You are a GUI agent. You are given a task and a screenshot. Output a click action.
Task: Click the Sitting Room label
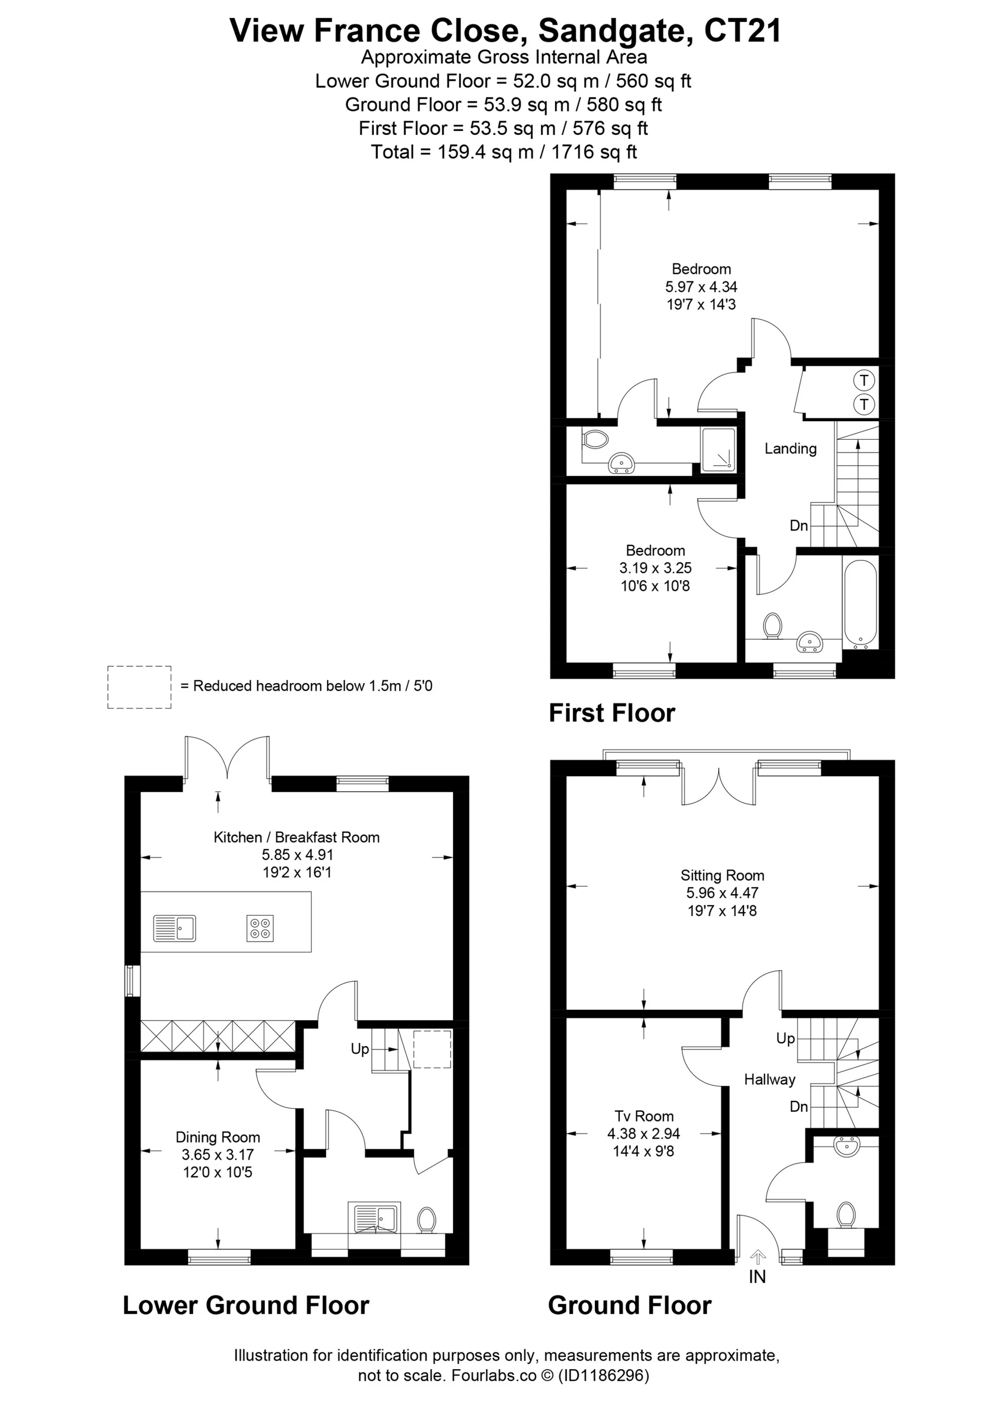click(722, 875)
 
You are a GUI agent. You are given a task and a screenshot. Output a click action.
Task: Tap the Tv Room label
click(644, 1116)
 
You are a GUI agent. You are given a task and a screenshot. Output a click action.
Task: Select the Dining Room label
click(218, 1137)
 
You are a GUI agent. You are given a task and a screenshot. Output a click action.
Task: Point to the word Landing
click(790, 448)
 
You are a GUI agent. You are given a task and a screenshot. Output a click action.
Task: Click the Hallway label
click(770, 1079)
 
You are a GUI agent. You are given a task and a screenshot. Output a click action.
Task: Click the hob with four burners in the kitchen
click(260, 929)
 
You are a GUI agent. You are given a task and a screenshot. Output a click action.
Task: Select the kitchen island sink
click(174, 928)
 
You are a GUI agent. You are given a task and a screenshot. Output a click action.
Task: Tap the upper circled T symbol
click(863, 379)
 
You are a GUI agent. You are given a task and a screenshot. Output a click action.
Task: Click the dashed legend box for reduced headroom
click(139, 687)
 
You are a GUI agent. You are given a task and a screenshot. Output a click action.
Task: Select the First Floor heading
click(612, 713)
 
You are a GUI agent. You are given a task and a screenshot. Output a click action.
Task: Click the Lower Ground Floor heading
click(246, 1305)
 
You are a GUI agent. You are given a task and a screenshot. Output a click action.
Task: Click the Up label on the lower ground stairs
click(360, 1049)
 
